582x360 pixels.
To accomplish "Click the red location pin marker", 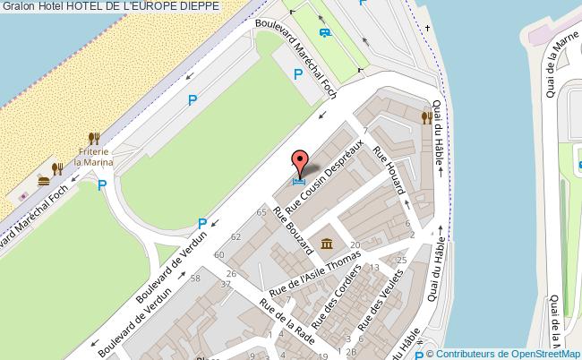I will [300, 162].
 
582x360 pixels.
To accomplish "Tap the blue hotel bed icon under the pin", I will [298, 179].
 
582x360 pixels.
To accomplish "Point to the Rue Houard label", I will [390, 169].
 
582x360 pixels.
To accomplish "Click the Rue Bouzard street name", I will [293, 228].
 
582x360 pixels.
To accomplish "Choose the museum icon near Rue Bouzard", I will [327, 244].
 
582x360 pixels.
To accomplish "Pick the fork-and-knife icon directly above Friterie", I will [92, 138].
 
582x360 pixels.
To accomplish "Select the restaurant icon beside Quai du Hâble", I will [426, 116].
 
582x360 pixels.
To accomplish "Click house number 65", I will [261, 212].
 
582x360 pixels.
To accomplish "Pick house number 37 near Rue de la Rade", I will [227, 284].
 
